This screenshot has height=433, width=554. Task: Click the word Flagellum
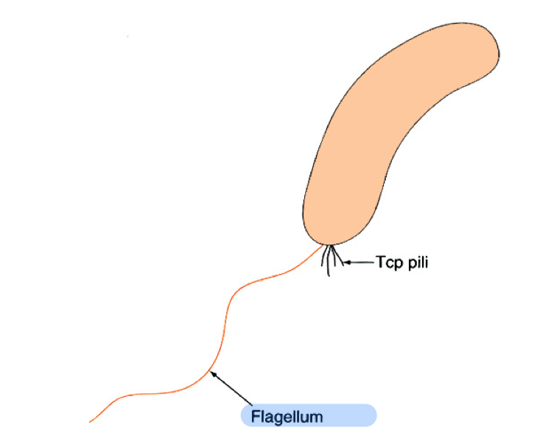click(287, 417)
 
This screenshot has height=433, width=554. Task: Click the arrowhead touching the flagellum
click(212, 373)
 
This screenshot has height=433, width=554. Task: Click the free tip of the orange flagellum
click(91, 421)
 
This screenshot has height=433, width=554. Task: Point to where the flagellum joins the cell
click(322, 245)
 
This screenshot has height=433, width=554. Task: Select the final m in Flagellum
click(317, 418)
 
